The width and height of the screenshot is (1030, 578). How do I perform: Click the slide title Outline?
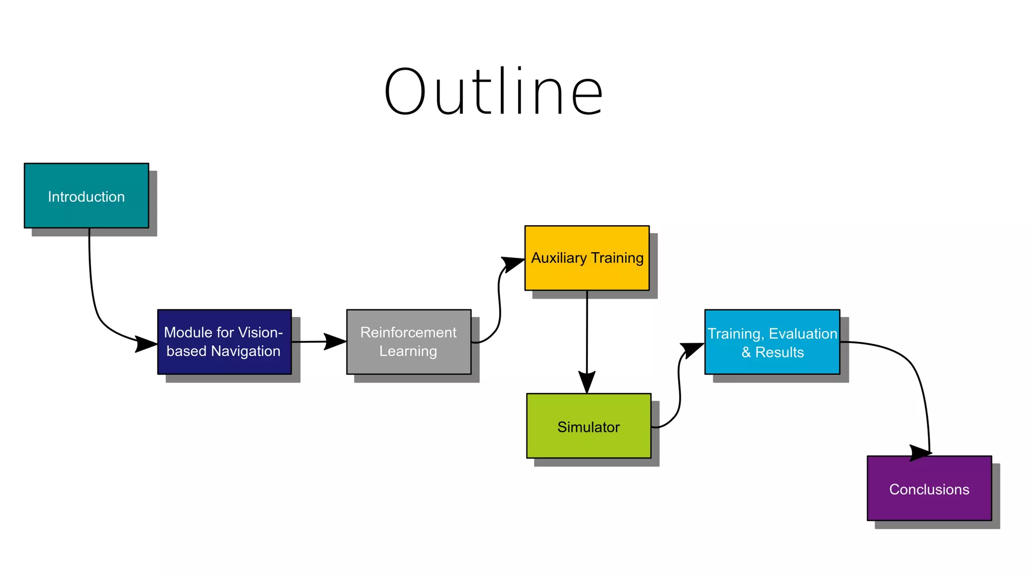pos(493,92)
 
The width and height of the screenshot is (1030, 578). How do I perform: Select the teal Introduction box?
pos(87,196)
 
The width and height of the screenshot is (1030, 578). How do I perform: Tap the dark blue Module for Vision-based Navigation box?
pos(224,342)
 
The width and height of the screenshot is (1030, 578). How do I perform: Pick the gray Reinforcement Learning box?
pos(408,342)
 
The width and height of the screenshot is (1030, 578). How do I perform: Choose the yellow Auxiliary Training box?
pos(587,258)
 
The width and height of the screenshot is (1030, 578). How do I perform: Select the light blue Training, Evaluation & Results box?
pos(772,342)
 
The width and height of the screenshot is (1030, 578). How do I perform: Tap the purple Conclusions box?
pos(929,488)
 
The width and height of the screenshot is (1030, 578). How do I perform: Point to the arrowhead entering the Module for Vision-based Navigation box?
pos(147,344)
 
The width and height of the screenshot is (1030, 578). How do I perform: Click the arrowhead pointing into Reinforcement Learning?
pos(335,342)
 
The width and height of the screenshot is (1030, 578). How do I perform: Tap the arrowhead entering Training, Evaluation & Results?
pos(693,349)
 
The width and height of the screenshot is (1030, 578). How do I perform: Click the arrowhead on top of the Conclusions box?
pos(921,452)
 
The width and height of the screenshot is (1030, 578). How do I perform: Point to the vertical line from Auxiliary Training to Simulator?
pos(587,332)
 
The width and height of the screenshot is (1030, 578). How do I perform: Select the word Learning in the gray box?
pos(408,351)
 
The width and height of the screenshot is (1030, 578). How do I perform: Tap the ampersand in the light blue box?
pos(746,352)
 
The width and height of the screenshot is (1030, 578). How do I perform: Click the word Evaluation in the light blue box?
pos(803,334)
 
